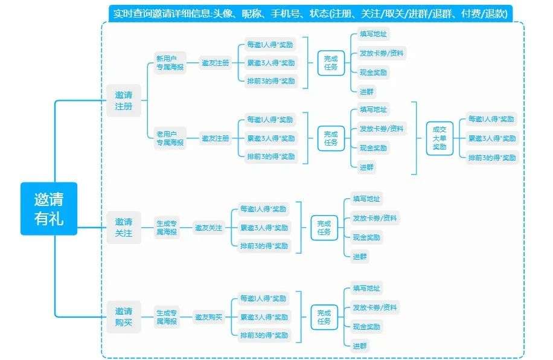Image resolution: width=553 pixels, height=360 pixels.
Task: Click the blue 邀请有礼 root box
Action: [x=49, y=208]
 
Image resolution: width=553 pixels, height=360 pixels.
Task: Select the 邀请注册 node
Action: [x=124, y=100]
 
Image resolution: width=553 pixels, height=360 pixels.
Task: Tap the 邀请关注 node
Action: [x=124, y=227]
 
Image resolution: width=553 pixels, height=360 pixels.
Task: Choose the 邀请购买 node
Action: [x=124, y=317]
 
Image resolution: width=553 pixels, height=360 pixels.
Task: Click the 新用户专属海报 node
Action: [x=170, y=63]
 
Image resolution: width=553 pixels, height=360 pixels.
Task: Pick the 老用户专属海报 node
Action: [x=170, y=138]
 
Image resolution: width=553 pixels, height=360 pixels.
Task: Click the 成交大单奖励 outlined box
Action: [x=440, y=138]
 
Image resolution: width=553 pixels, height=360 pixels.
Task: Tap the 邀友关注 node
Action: [x=208, y=228]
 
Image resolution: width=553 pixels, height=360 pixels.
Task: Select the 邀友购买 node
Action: [x=208, y=317]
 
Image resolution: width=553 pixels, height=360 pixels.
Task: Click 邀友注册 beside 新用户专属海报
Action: [x=216, y=63]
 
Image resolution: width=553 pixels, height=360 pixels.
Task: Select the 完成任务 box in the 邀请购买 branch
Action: [x=324, y=317]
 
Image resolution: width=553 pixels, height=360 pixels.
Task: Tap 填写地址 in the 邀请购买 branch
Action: [x=366, y=288]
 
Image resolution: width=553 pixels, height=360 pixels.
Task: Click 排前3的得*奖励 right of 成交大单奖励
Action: [x=492, y=158]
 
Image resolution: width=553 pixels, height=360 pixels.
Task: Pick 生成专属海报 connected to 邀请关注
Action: [x=166, y=228]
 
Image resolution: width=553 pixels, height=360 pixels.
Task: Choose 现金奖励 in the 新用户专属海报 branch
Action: [x=373, y=72]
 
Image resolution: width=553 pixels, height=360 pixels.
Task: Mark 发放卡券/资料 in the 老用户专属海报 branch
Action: [x=381, y=129]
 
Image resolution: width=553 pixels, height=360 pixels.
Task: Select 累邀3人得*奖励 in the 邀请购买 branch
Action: [x=264, y=317]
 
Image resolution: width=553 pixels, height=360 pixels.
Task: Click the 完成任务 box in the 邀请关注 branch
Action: [x=324, y=228]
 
